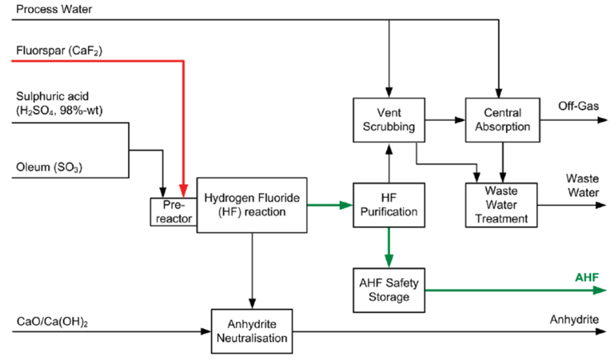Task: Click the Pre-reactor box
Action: tap(173, 211)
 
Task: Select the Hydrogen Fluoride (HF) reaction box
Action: tap(252, 204)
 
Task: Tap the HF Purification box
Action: tap(389, 204)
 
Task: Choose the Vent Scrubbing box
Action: tap(389, 119)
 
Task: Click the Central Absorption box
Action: tap(503, 119)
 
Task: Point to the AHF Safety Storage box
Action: tap(389, 289)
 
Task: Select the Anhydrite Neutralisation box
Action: tap(252, 331)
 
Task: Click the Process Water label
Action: tap(54, 9)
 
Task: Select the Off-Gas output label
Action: tap(579, 106)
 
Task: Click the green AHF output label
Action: tap(587, 277)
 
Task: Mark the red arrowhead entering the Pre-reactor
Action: tap(184, 191)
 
